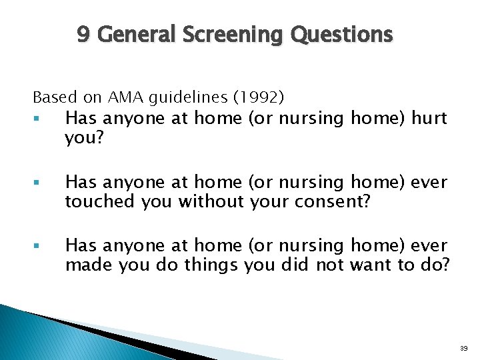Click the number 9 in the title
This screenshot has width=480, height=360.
tap(83, 34)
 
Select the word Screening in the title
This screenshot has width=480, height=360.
tap(231, 34)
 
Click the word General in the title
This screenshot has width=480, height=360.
tap(133, 34)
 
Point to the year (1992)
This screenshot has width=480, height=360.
tap(257, 97)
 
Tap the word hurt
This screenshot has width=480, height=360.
tap(429, 119)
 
